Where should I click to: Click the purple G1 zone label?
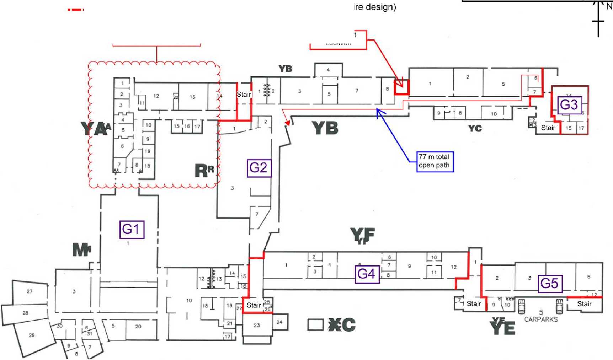(132, 229)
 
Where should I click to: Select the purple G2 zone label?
(259, 168)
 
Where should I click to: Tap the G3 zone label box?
(569, 105)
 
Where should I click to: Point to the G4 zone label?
(367, 274)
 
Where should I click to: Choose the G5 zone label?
(550, 283)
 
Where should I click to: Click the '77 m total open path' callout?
(435, 161)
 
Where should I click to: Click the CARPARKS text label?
(541, 319)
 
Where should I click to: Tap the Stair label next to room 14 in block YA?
(244, 94)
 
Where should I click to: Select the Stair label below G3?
(548, 128)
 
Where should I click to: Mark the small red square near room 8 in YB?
(402, 87)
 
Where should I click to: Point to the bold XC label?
(342, 324)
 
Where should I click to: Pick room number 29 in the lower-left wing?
(32, 335)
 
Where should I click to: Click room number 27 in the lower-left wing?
(30, 291)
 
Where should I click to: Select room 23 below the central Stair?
(257, 325)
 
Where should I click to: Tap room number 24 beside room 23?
(279, 322)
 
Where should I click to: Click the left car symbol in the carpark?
(521, 306)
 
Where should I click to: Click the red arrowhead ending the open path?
(287, 123)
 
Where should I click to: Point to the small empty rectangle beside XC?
(315, 324)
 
